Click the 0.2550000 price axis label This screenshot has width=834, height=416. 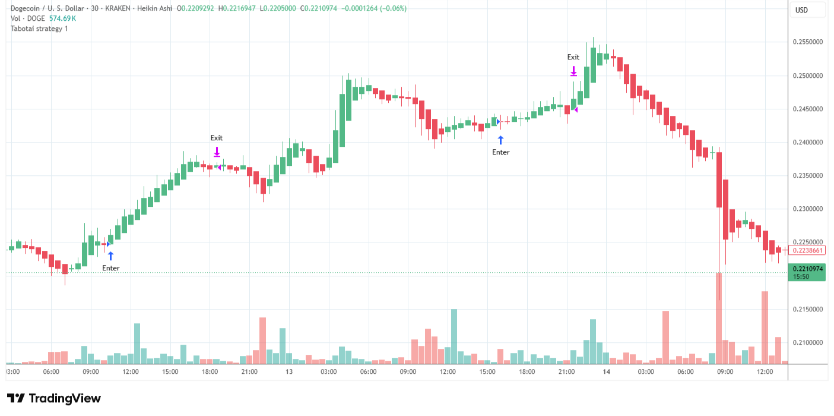point(807,42)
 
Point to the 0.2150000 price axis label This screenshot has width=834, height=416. point(807,310)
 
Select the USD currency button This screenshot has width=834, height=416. point(801,10)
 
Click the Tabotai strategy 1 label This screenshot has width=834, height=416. point(39,29)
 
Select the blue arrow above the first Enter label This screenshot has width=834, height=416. point(110,256)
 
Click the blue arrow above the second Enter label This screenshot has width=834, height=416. point(500,140)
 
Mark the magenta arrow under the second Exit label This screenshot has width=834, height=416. point(573,71)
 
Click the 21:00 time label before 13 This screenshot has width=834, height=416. point(249,372)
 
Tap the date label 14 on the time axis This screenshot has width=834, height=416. point(606,372)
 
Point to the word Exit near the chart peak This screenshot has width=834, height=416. point(573,57)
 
